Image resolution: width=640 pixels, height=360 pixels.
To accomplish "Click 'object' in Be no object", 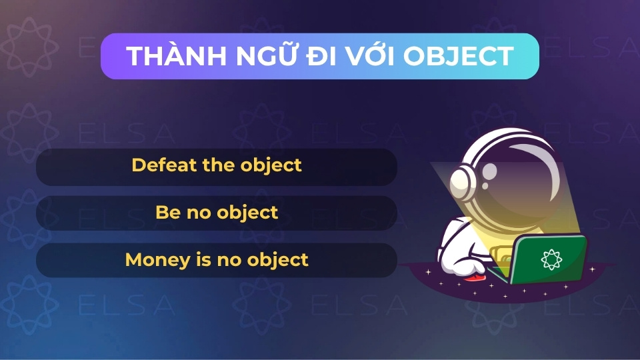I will pos(249,213).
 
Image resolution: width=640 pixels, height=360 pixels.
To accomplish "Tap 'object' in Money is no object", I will pos(279,260).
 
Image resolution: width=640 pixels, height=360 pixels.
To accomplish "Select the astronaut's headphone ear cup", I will pos(461,181).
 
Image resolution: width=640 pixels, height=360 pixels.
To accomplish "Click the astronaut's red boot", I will pos(474,275).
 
